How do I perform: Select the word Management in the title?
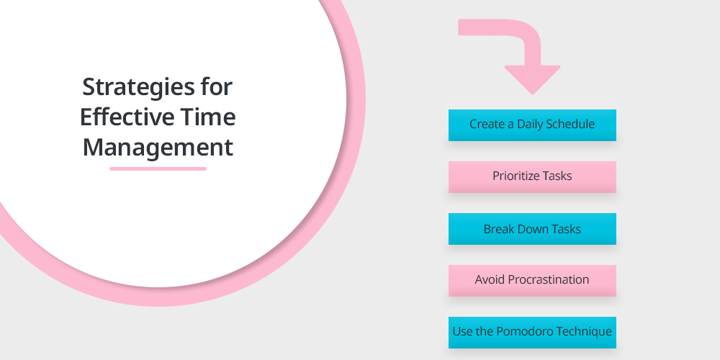(158, 148)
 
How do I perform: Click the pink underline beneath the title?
(158, 169)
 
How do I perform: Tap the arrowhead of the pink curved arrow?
(532, 79)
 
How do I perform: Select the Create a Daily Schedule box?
(532, 125)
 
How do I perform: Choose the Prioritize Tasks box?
(532, 177)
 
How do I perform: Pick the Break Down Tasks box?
(532, 229)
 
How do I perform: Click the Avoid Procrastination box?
(532, 281)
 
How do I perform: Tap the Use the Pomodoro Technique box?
(532, 333)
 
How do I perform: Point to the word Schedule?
(570, 124)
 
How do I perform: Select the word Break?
(498, 229)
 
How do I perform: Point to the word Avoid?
(490, 279)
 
